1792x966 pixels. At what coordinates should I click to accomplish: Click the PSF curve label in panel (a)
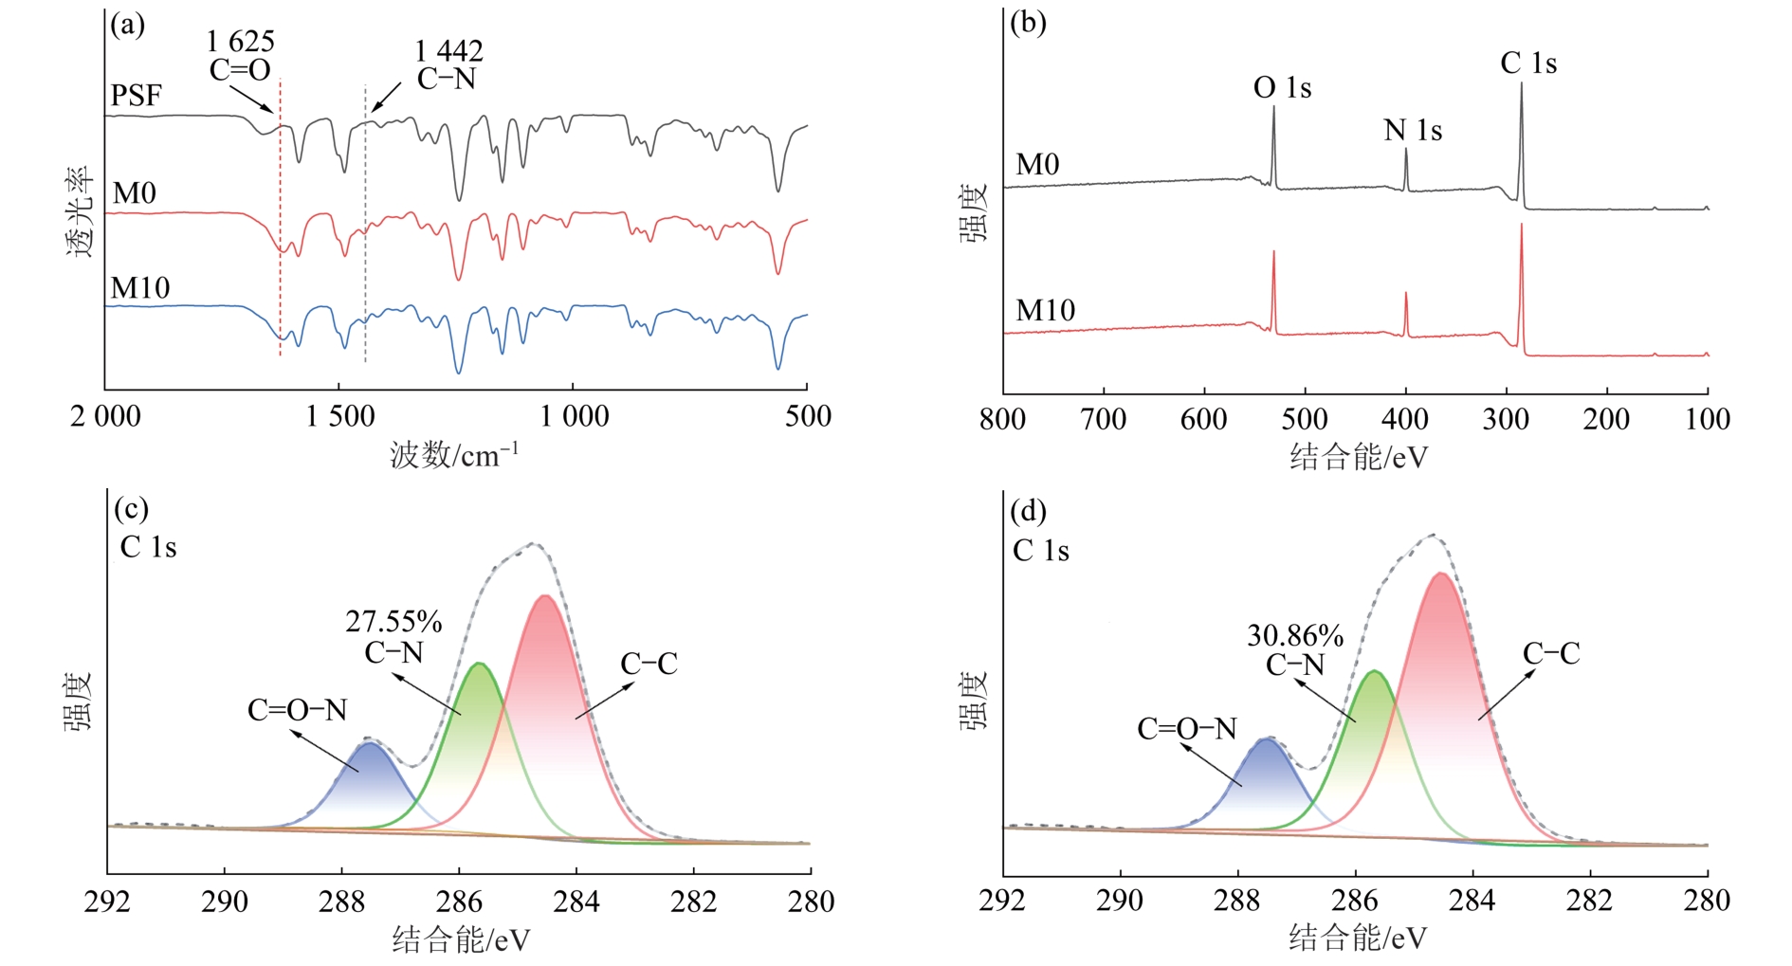[x=136, y=96]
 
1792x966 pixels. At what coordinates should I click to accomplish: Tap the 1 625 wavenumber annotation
[x=240, y=42]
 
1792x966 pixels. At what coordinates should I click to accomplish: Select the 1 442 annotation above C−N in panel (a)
[x=448, y=51]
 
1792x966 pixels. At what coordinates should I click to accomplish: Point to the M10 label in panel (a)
[x=140, y=288]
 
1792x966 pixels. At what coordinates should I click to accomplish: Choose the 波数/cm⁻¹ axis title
[x=454, y=456]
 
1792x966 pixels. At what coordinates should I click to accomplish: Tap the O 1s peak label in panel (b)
[x=1282, y=88]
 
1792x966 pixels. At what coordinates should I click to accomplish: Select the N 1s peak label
[x=1412, y=131]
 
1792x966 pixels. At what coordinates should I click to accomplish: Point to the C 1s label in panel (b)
[x=1527, y=64]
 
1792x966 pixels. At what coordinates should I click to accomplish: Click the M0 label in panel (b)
[x=1037, y=165]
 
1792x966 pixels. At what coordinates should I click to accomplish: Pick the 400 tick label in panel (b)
[x=1404, y=419]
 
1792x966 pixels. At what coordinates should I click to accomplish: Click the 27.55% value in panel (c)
[x=393, y=622]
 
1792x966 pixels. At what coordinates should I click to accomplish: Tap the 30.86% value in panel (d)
[x=1294, y=636]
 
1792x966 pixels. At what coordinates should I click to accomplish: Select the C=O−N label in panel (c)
[x=297, y=710]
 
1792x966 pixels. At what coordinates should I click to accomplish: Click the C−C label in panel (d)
[x=1551, y=654]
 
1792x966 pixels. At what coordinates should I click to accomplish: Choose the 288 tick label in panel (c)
[x=341, y=902]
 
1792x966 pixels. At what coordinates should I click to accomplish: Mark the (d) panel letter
[x=1028, y=511]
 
